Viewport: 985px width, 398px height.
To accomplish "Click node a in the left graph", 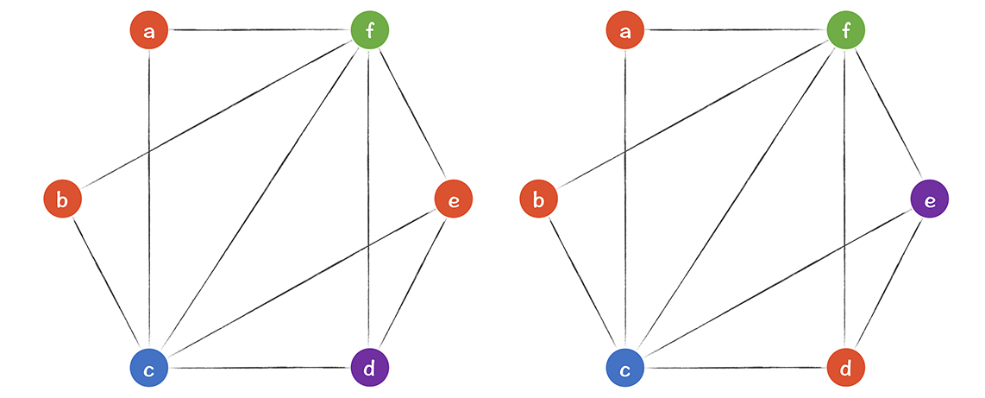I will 149,32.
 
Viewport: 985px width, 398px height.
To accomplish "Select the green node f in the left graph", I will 369,32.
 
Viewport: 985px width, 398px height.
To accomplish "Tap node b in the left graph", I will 62,200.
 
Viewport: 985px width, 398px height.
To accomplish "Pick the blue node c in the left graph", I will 149,370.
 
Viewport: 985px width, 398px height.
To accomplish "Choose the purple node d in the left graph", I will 369,370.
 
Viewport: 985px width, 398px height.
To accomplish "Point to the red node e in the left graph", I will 454,200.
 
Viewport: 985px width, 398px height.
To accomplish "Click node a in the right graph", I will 625,32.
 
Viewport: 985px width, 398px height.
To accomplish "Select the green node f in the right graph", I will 845,32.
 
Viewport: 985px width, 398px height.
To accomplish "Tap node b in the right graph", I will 538,200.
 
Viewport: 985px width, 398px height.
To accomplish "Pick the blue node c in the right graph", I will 625,370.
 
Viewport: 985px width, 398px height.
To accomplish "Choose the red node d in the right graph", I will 845,370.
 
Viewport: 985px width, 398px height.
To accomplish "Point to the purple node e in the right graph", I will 930,200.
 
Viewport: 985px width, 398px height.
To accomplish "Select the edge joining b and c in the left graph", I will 105,285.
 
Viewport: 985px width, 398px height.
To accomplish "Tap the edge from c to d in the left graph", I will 259,370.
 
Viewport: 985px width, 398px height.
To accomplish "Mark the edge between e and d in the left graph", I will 411,285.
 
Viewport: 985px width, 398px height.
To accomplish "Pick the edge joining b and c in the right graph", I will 581,285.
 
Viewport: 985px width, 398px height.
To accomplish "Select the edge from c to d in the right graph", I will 735,370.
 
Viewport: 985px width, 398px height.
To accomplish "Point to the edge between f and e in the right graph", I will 888,116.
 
